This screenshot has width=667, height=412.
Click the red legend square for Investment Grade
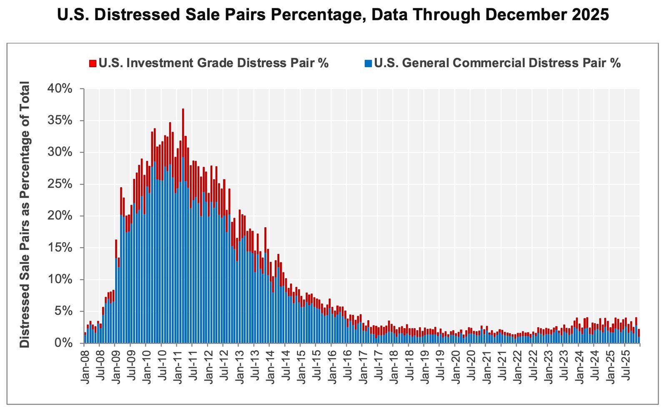point(93,63)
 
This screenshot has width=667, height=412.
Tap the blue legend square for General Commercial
point(368,63)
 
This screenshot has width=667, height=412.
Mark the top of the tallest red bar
point(183,109)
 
